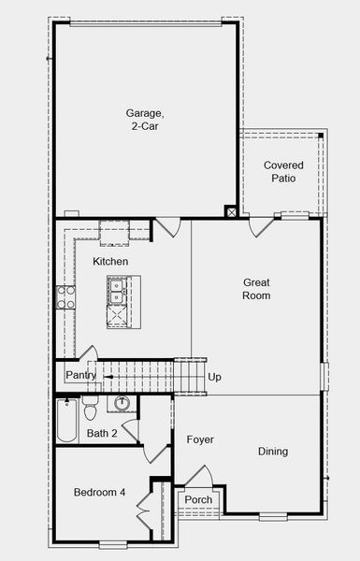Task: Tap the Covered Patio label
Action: click(x=283, y=171)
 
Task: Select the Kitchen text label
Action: click(x=110, y=262)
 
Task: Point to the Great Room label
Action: click(x=256, y=289)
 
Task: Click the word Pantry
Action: click(x=80, y=375)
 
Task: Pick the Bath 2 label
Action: click(x=102, y=433)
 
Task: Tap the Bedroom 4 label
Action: click(x=100, y=493)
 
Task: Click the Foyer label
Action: click(x=200, y=439)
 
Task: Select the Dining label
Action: click(x=273, y=452)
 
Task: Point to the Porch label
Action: click(x=198, y=500)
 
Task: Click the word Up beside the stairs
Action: click(x=215, y=378)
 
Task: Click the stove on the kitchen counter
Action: click(x=66, y=297)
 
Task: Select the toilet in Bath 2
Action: click(x=91, y=410)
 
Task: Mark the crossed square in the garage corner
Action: click(x=231, y=212)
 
